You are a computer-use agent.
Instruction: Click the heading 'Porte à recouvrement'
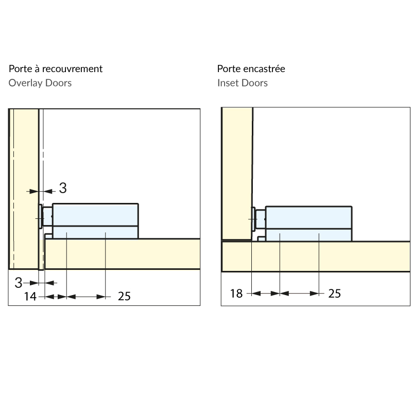[56, 69]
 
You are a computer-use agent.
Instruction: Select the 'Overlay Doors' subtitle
[40, 83]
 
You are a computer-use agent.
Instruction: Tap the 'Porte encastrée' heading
[251, 69]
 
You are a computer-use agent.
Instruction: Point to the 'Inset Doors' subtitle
[242, 83]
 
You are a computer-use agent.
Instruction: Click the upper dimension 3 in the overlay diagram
[63, 188]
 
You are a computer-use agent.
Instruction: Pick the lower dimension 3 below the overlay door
[19, 283]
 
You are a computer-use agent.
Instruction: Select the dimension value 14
[30, 297]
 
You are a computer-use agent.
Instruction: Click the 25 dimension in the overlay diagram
[124, 297]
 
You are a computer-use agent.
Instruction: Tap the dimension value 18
[236, 294]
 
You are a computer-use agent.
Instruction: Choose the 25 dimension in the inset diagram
[334, 294]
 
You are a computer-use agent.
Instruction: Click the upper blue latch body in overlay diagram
[95, 214]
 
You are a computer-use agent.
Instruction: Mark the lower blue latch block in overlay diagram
[95, 232]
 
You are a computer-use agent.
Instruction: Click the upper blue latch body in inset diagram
[308, 217]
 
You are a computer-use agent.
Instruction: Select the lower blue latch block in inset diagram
[308, 235]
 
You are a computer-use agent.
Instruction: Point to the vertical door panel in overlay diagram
[24, 189]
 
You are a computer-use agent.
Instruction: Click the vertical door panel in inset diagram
[237, 174]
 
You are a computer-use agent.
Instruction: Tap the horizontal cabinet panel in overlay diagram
[123, 254]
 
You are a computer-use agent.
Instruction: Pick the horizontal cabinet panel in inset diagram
[316, 256]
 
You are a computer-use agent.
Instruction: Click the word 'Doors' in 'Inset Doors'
[254, 83]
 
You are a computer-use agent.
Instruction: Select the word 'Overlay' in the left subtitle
[25, 83]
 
